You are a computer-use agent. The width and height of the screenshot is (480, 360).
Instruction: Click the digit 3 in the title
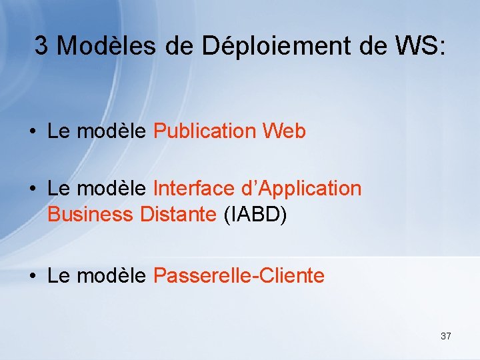click(41, 46)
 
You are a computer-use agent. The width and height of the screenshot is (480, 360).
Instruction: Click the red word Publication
click(205, 131)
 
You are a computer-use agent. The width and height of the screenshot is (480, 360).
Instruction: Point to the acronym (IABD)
click(256, 215)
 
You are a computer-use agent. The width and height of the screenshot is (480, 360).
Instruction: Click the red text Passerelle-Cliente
click(239, 275)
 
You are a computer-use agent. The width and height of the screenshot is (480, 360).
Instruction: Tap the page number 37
click(445, 336)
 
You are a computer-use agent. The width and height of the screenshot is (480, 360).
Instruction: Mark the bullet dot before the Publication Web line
click(33, 132)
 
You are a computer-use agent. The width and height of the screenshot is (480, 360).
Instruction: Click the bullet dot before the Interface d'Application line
click(33, 189)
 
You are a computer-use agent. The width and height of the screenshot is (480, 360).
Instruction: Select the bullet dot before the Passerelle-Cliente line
click(33, 276)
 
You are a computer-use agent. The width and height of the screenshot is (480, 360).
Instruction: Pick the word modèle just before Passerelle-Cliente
click(111, 275)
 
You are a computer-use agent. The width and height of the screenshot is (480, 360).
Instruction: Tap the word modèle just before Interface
click(111, 189)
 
